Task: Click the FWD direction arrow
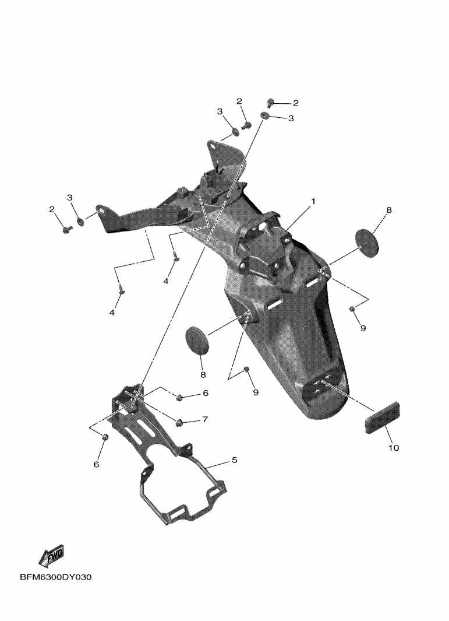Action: [51, 557]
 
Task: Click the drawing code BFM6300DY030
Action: [55, 577]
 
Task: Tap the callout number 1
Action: [313, 202]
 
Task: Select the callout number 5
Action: [234, 460]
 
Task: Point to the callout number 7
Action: [204, 419]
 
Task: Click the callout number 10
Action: [394, 448]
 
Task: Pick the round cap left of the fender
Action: [197, 338]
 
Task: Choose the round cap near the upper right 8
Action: [367, 243]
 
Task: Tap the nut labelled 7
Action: [179, 423]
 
